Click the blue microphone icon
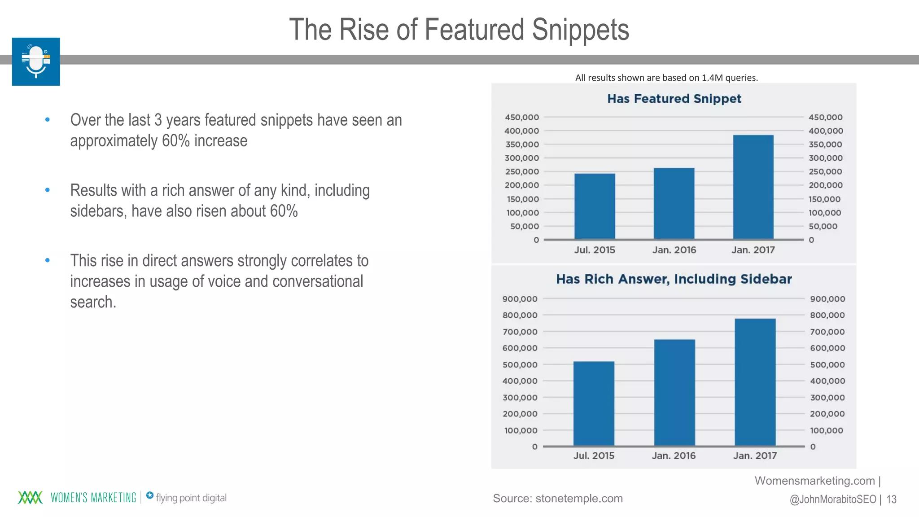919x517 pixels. [x=36, y=61]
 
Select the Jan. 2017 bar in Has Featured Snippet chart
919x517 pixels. [x=753, y=187]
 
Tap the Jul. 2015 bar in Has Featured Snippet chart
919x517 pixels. [x=595, y=206]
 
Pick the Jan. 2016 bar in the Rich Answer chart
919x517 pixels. [x=674, y=393]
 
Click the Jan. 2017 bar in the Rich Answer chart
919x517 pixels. [x=755, y=382]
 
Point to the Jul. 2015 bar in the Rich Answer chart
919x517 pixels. [x=594, y=403]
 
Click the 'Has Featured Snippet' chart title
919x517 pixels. [x=674, y=99]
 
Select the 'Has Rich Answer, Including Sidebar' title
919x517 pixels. [x=674, y=279]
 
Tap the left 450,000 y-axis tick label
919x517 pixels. [x=522, y=117]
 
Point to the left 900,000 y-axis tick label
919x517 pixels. [x=520, y=299]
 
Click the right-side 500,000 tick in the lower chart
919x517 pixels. [x=827, y=365]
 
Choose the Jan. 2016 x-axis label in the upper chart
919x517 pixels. [x=674, y=250]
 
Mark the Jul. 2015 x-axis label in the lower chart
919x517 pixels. [x=594, y=456]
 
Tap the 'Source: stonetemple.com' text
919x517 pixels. [x=558, y=498]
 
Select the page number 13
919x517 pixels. [x=891, y=499]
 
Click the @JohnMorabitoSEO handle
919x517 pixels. [x=833, y=499]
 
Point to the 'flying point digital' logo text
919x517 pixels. [x=191, y=498]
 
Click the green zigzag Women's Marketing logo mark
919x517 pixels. [x=30, y=497]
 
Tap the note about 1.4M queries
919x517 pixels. [x=666, y=78]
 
